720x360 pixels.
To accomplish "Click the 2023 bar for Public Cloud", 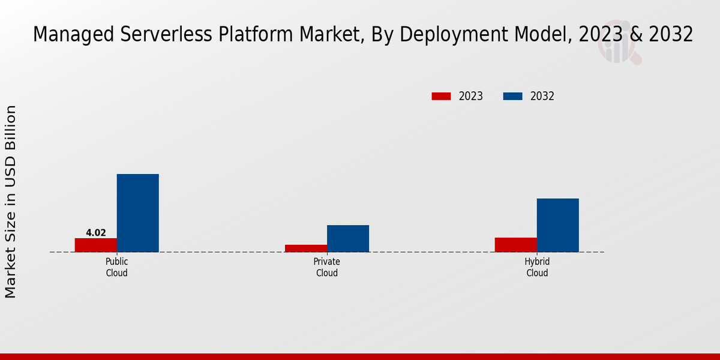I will [x=96, y=245].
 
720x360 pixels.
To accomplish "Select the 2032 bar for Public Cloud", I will [x=138, y=213].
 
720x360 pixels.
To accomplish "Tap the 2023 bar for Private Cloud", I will [x=306, y=248].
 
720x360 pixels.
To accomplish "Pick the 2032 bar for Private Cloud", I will [x=348, y=238].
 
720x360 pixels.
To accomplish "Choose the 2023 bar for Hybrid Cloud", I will [x=516, y=245].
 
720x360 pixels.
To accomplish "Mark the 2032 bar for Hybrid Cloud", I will [x=558, y=225].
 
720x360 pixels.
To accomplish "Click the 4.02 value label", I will [x=96, y=233].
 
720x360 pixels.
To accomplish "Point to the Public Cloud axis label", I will [x=117, y=267].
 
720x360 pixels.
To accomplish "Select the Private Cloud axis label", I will [x=327, y=267].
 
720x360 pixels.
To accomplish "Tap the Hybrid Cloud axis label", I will [x=537, y=267].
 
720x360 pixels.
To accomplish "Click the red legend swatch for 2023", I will [x=441, y=96].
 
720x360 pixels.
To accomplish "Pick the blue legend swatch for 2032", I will [x=512, y=96].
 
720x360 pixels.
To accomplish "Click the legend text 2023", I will [x=471, y=96].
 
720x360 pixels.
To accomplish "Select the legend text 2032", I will [x=542, y=96].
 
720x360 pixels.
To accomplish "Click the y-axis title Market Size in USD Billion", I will [x=11, y=202].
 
